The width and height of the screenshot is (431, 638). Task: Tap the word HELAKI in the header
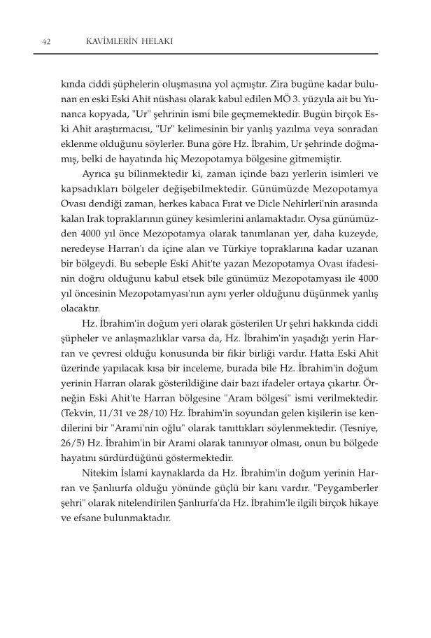(154, 42)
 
